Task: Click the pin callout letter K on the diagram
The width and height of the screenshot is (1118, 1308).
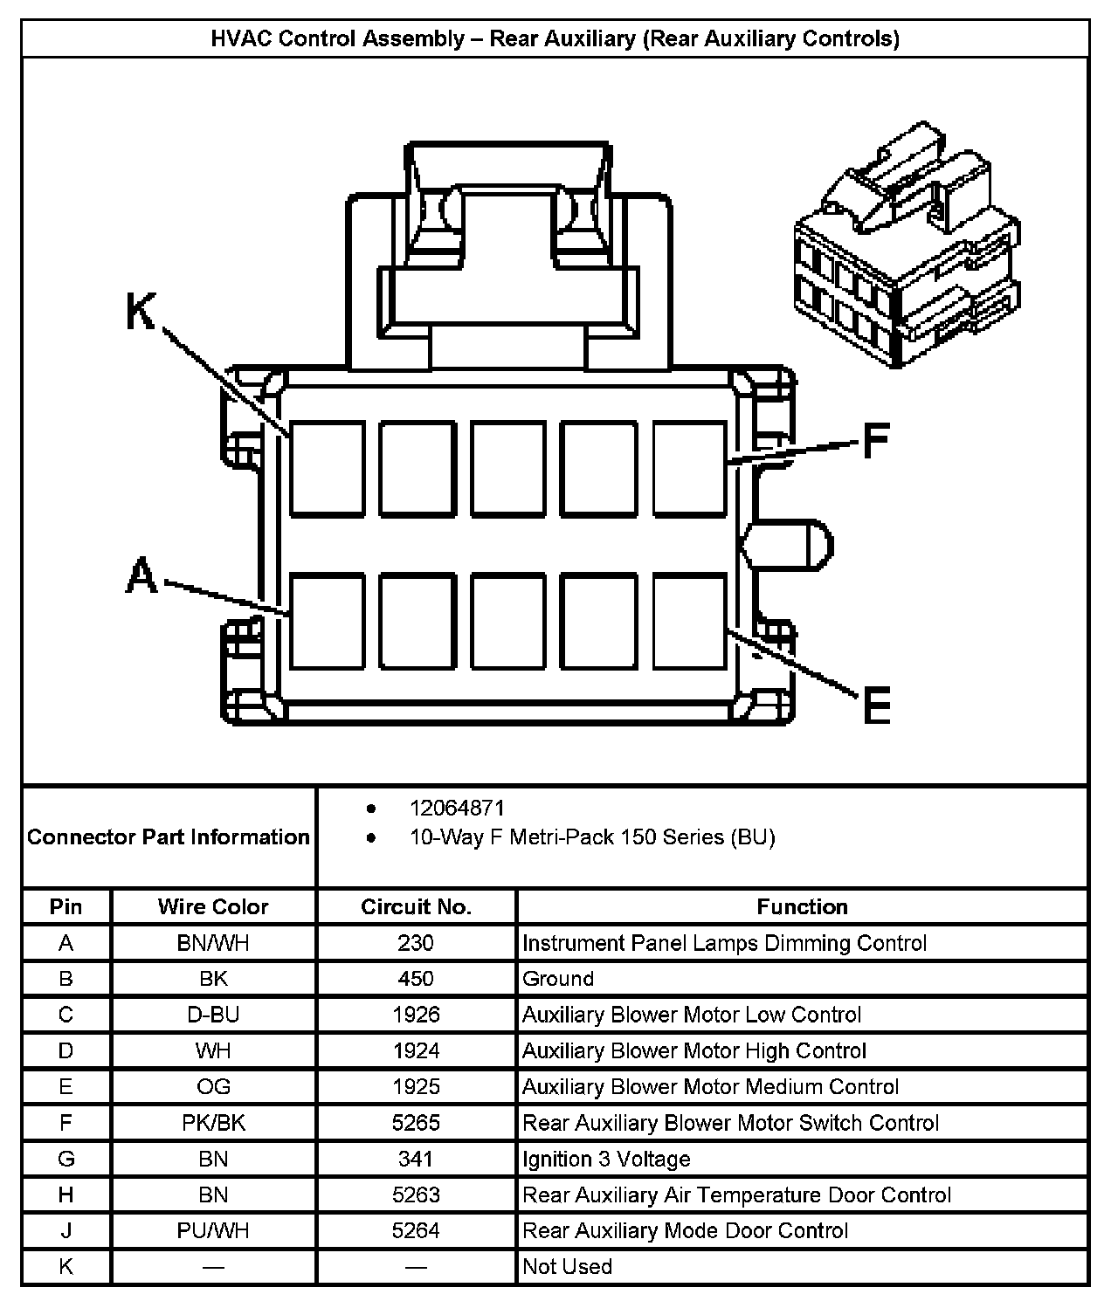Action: click(141, 312)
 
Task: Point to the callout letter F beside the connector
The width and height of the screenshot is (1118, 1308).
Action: click(875, 441)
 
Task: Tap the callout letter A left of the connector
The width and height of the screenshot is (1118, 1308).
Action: click(142, 577)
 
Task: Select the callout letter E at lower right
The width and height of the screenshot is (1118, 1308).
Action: click(875, 705)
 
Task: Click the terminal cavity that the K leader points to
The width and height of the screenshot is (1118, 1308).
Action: click(328, 469)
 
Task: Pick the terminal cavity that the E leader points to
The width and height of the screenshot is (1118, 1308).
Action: click(689, 621)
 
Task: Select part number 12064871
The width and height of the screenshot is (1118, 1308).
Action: click(457, 809)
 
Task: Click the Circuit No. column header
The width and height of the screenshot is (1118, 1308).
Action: click(416, 906)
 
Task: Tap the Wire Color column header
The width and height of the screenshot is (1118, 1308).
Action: click(213, 906)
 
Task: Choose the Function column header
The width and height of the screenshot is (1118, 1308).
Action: click(802, 906)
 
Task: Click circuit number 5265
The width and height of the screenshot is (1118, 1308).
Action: click(416, 1123)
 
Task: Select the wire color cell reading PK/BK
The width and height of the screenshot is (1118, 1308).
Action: click(213, 1123)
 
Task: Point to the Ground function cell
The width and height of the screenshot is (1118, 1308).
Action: click(558, 979)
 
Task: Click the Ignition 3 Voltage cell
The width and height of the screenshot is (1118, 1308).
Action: click(606, 1159)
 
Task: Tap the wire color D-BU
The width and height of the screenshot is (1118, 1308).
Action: click(213, 1015)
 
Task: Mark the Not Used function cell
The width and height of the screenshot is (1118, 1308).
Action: click(567, 1266)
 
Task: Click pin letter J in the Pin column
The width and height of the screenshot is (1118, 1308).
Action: click(66, 1230)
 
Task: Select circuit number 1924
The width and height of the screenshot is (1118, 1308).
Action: click(416, 1050)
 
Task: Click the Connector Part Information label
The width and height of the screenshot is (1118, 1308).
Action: click(169, 836)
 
